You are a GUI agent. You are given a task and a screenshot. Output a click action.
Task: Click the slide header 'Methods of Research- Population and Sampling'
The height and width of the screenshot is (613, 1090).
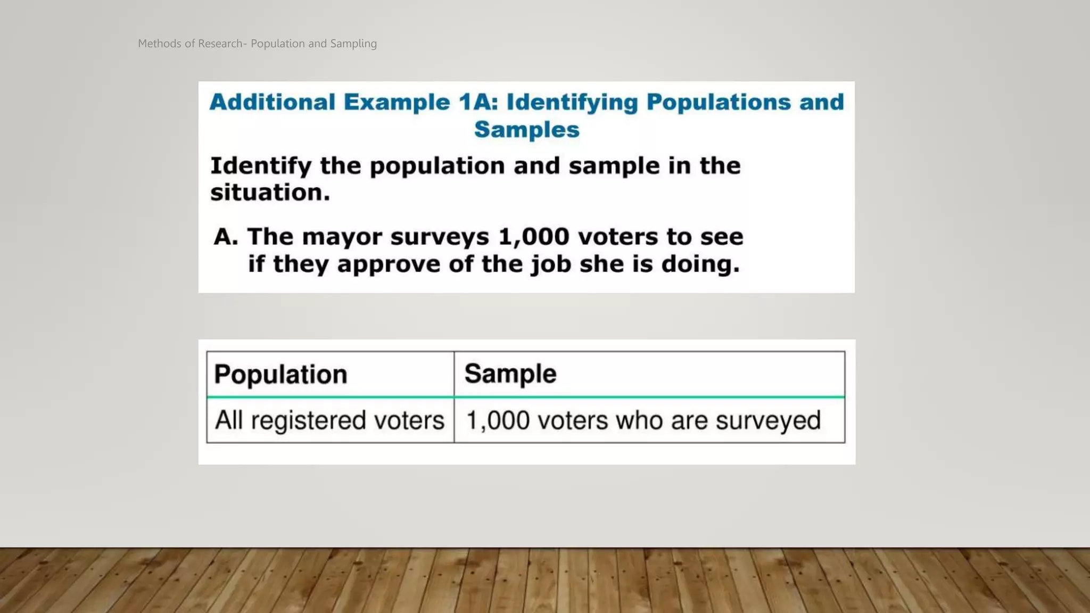tap(257, 44)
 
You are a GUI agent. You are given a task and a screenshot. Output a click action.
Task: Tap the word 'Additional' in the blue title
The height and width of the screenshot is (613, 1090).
tap(272, 102)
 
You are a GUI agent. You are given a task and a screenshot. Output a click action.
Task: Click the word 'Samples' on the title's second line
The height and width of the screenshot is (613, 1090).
tap(526, 130)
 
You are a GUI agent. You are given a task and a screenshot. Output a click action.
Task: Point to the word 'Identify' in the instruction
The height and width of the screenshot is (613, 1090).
tap(260, 167)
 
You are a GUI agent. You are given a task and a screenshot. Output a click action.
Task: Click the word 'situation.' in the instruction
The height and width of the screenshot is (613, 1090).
tap(270, 193)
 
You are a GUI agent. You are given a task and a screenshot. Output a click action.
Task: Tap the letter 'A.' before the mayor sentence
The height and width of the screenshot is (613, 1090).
tap(225, 237)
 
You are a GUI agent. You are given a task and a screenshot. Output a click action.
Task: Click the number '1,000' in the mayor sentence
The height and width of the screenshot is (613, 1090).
tap(534, 237)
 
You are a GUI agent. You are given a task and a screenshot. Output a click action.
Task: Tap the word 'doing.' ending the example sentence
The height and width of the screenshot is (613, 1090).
tap(700, 264)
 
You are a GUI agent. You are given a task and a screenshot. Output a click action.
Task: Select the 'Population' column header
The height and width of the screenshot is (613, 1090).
tap(280, 375)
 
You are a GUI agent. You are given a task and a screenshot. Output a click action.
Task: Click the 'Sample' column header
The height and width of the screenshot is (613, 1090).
tap(510, 374)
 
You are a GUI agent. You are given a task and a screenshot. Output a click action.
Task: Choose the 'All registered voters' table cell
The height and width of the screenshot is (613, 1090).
tap(329, 420)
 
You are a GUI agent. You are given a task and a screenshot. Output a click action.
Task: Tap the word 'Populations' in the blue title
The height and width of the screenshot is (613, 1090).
tap(719, 102)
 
